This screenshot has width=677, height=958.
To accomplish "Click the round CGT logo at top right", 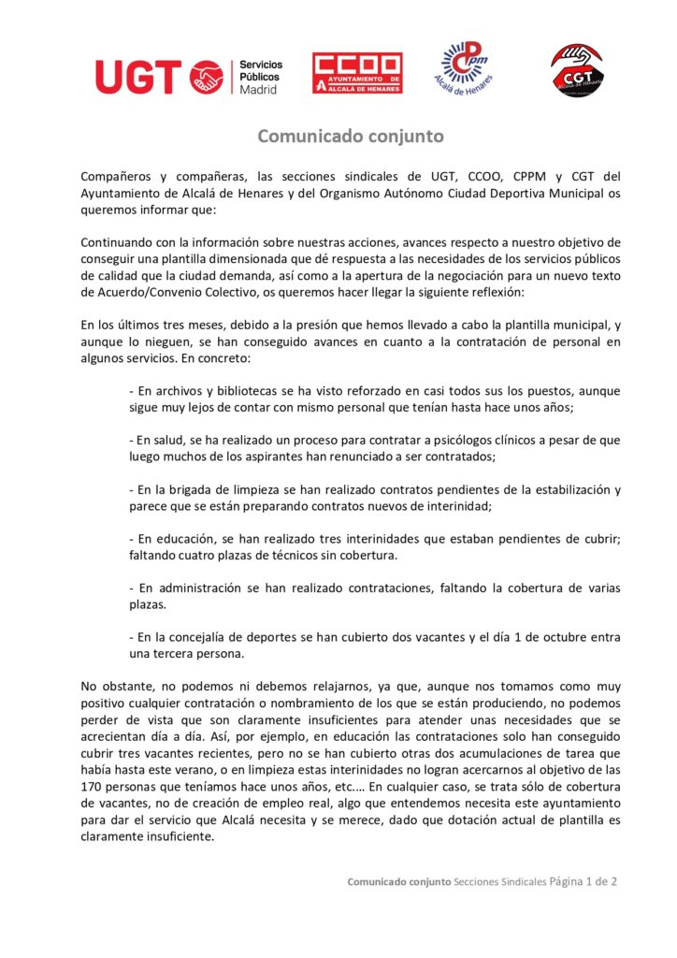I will (x=575, y=69).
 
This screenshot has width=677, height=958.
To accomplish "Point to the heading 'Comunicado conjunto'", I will (x=351, y=137).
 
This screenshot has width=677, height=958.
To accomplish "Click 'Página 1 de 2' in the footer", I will (x=583, y=881).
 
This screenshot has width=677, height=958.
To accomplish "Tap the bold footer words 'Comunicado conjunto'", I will (x=399, y=882).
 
